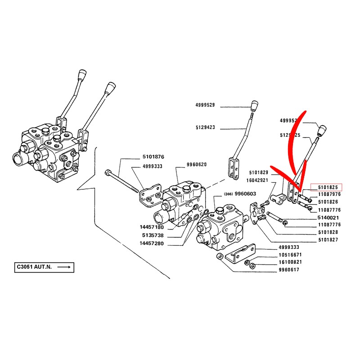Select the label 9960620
pyautogui.click(x=196, y=164)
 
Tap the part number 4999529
pyautogui.click(x=205, y=105)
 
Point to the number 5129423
pyautogui.click(x=205, y=127)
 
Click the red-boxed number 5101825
pyautogui.click(x=328, y=187)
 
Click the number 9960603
pyautogui.click(x=246, y=194)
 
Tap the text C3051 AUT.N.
pyautogui.click(x=34, y=267)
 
